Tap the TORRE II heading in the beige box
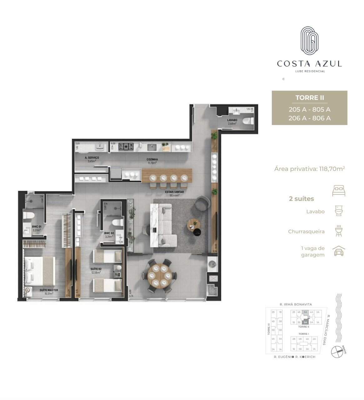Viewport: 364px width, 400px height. pyautogui.click(x=310, y=98)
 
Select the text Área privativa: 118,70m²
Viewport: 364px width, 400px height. pyautogui.click(x=309, y=169)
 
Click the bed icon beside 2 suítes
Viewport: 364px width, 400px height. pyautogui.click(x=339, y=191)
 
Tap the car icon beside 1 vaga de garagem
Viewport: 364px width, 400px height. pyautogui.click(x=339, y=252)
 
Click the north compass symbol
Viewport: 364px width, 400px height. pyautogui.click(x=337, y=352)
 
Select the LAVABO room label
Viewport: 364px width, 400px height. pyautogui.click(x=232, y=120)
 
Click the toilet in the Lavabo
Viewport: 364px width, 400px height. pyautogui.click(x=248, y=121)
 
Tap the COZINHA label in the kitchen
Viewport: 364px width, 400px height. pyautogui.click(x=152, y=159)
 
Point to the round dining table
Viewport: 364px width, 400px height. pyautogui.click(x=159, y=276)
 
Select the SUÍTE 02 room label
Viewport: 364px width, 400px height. pyautogui.click(x=96, y=269)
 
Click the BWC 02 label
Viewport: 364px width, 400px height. pyautogui.click(x=109, y=233)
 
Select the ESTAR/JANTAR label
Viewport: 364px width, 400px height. pyautogui.click(x=174, y=192)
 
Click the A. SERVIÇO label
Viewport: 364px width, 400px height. pyautogui.click(x=92, y=158)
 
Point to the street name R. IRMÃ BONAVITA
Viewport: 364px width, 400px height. pyautogui.click(x=296, y=304)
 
